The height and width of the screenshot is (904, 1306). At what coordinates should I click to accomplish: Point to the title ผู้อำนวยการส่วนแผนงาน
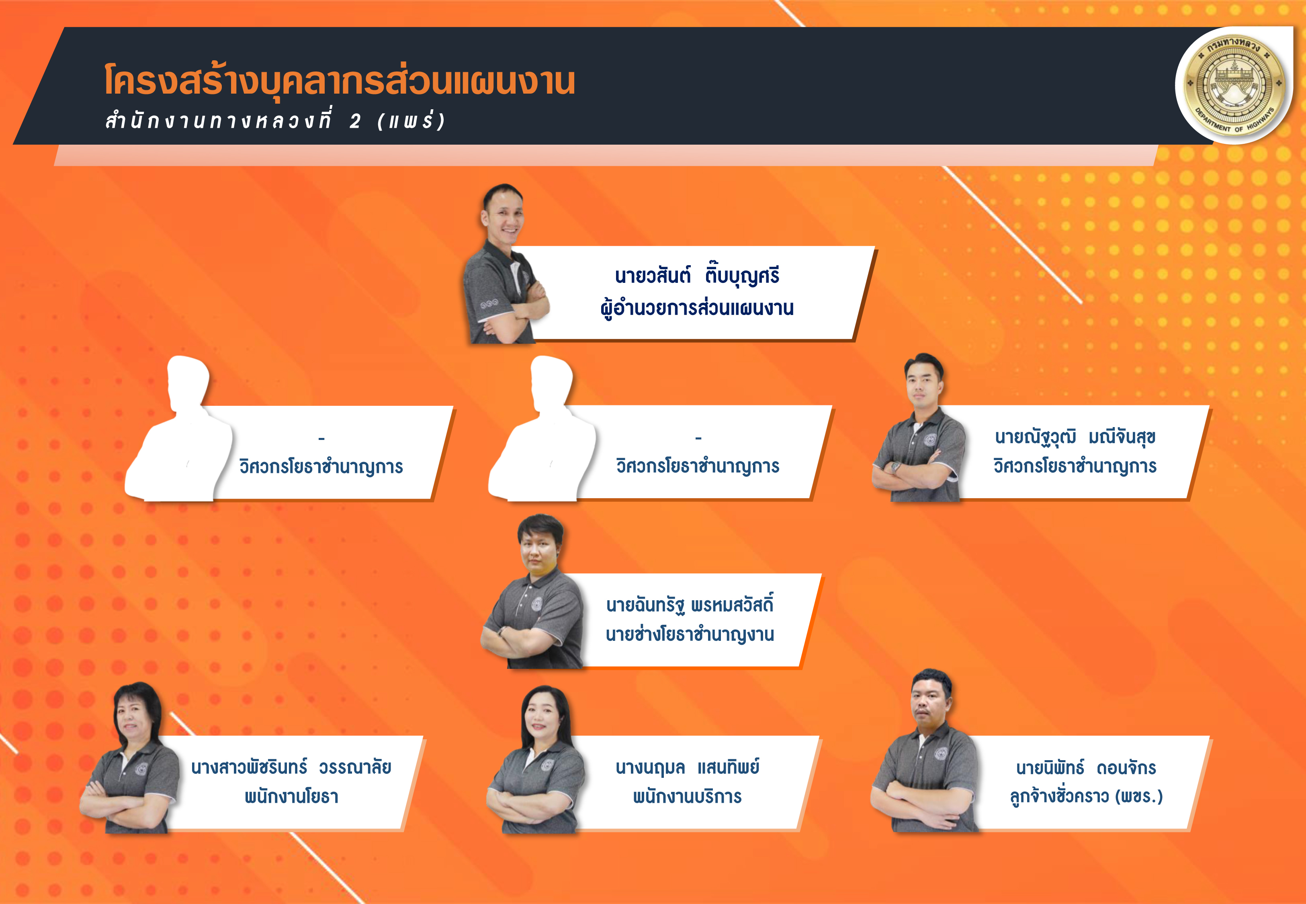[697, 308]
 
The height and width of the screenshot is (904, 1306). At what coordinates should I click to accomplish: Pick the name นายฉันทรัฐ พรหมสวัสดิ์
[689, 604]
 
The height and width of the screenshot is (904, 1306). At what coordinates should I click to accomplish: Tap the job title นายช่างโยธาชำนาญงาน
[689, 634]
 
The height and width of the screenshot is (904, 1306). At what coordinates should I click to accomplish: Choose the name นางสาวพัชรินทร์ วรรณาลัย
[291, 767]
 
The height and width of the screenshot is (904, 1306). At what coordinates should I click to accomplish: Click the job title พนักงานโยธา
[291, 796]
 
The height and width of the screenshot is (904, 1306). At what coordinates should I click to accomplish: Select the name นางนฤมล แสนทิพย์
[687, 767]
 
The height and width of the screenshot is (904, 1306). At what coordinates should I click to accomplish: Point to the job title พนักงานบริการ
[687, 796]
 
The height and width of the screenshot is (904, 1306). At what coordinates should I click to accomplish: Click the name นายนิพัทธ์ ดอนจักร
[1086, 767]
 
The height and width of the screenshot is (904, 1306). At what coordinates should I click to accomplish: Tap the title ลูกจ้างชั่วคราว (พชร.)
[1086, 796]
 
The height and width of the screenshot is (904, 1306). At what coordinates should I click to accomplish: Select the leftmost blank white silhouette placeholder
[178, 429]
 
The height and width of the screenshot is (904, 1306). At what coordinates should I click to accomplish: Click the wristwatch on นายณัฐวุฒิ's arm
[895, 467]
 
